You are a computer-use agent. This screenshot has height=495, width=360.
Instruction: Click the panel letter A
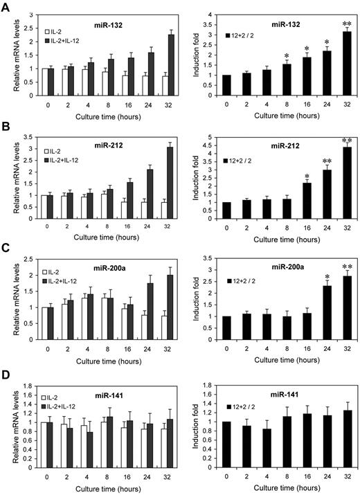coord(6,6)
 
